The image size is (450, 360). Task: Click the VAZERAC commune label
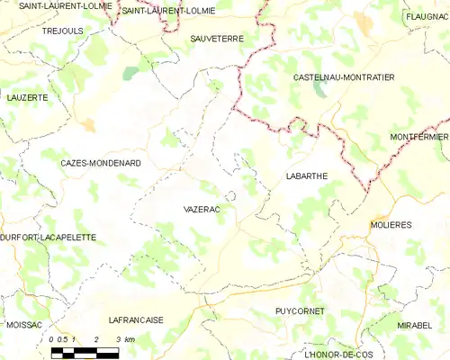point(202,208)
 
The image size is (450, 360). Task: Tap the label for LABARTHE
point(306,176)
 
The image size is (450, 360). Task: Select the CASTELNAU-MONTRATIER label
point(345,78)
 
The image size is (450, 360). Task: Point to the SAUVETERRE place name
point(219,40)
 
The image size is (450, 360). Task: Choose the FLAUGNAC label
point(427,16)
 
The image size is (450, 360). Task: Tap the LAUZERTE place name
point(27,96)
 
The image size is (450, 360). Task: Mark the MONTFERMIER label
point(419,136)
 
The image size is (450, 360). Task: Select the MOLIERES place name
point(390,227)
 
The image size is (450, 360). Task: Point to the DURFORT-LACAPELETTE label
point(48,237)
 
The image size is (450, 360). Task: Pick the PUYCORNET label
point(300,310)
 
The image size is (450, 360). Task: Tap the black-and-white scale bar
point(85,352)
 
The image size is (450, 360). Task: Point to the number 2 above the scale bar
point(95,339)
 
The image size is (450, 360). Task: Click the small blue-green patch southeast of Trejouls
point(131,72)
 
